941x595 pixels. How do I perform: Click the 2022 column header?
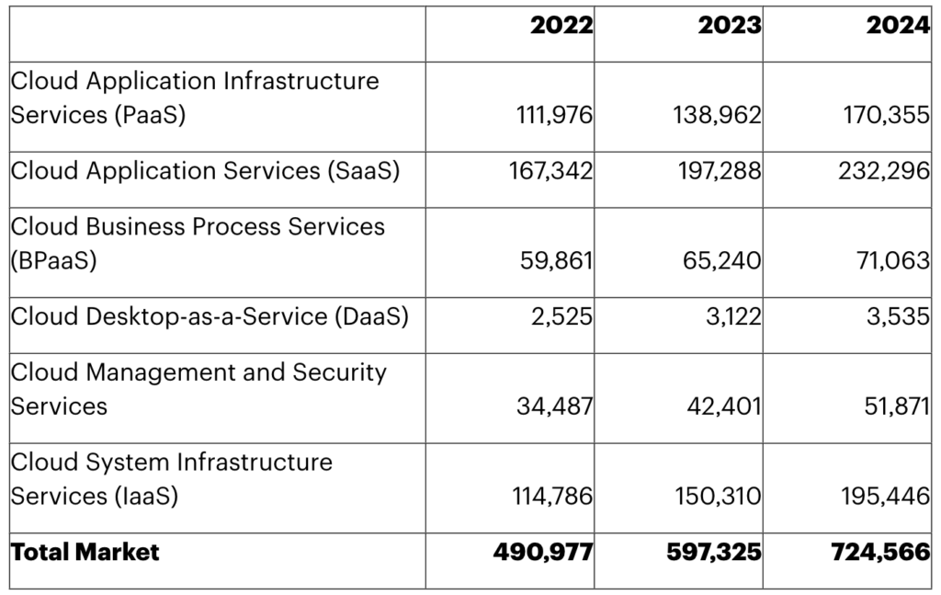[x=561, y=26]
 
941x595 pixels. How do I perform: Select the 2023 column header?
[x=730, y=26]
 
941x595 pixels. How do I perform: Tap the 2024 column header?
[x=898, y=26]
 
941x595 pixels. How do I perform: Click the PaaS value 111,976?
[x=552, y=117]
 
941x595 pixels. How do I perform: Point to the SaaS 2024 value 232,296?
[x=884, y=171]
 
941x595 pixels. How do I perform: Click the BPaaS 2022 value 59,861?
[x=557, y=261]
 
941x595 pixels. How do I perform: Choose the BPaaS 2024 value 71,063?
[x=891, y=261]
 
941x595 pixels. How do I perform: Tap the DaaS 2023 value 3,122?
[x=733, y=316]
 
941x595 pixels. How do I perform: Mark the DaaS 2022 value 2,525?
[x=565, y=316]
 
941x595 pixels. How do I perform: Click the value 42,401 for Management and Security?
[x=723, y=406]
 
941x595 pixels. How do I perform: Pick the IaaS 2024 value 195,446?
[x=885, y=497]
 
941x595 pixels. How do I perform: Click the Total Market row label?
[x=85, y=552]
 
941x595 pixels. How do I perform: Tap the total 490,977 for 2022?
[x=543, y=552]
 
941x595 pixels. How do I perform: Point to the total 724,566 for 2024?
[x=880, y=552]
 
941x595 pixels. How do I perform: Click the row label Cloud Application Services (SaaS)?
[x=205, y=171]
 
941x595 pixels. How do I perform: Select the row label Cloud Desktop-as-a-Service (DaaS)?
[x=210, y=316]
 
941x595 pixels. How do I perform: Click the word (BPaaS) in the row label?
[x=53, y=261]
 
